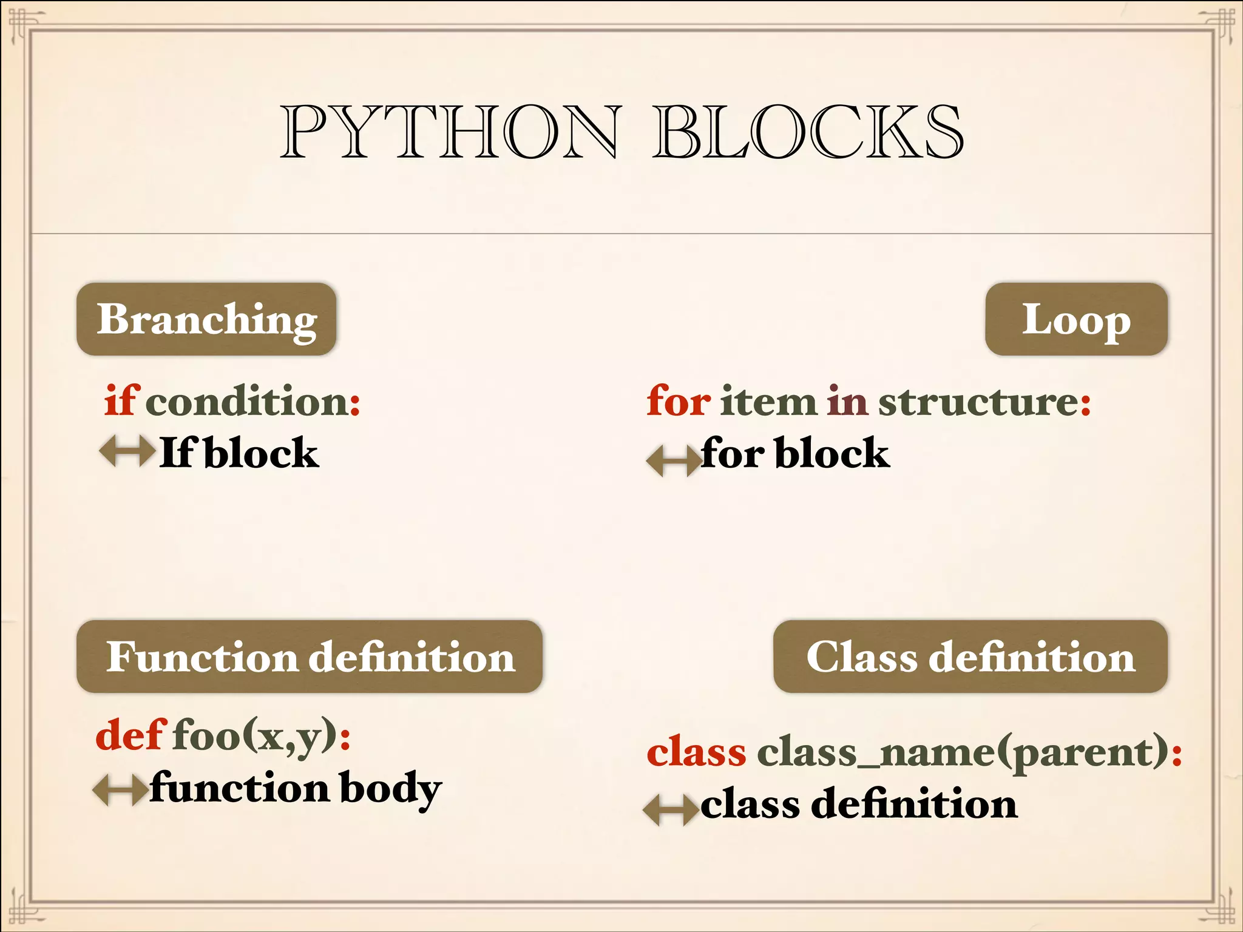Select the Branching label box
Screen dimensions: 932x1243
tap(206, 319)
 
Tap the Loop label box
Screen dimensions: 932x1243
tap(1076, 319)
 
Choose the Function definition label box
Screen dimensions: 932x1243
tap(310, 657)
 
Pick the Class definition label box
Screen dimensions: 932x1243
tap(970, 657)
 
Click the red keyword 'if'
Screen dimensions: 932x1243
tap(122, 400)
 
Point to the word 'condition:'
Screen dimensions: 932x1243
tap(252, 402)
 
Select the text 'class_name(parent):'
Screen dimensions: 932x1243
tap(970, 754)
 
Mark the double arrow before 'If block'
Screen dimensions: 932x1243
tap(127, 451)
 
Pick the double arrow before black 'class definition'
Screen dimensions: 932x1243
tap(671, 809)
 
